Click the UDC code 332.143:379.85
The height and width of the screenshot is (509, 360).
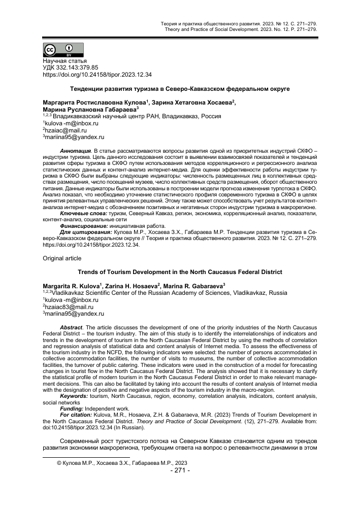[70, 67]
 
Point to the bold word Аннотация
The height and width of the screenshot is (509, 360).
[76, 151]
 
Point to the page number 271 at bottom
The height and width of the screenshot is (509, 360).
[180, 470]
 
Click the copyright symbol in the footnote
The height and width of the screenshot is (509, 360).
[59, 463]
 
